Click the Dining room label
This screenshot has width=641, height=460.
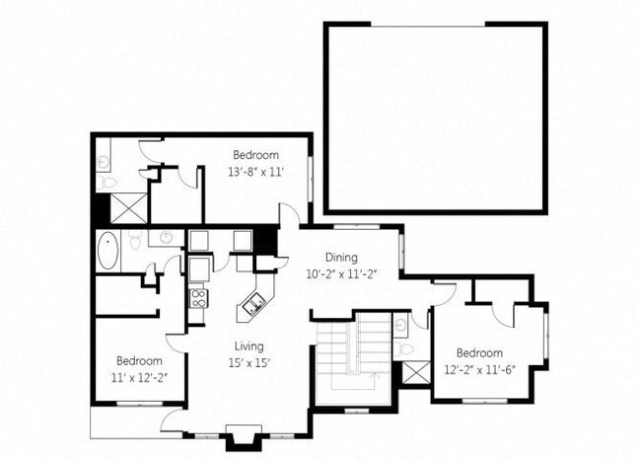(x=342, y=257)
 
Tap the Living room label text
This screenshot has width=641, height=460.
(x=247, y=345)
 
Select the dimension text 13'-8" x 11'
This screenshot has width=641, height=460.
(x=256, y=171)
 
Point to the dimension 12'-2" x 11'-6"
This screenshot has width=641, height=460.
(x=480, y=369)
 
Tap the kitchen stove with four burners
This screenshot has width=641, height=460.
(x=197, y=297)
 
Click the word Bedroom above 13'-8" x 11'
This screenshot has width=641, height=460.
(x=256, y=155)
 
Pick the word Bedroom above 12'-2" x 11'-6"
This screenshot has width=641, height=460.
(x=480, y=353)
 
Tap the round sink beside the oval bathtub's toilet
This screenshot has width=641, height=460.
(x=165, y=238)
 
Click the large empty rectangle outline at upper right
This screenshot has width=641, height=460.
(x=435, y=117)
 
